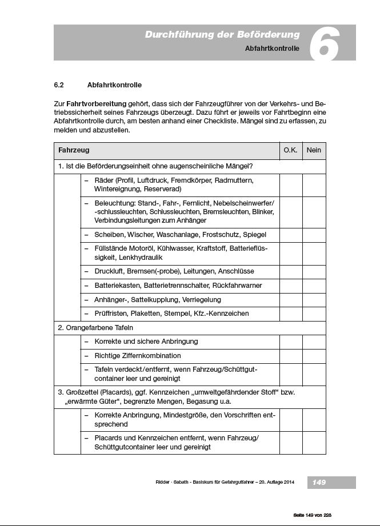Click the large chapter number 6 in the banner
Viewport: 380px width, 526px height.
coord(324,43)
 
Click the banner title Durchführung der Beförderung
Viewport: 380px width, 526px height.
coord(222,35)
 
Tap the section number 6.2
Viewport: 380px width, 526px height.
coord(58,85)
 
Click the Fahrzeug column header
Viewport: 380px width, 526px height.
coord(74,151)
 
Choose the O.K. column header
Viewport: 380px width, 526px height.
coord(290,151)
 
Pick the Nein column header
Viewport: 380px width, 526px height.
coord(314,151)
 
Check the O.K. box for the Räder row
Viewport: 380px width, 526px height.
coord(290,184)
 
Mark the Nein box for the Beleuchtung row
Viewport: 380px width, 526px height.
coord(314,212)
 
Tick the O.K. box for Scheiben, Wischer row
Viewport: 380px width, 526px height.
coord(290,235)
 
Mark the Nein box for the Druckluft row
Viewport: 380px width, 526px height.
coord(314,271)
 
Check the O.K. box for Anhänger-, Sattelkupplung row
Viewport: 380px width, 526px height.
coord(290,299)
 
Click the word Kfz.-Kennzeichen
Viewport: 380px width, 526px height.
coord(220,314)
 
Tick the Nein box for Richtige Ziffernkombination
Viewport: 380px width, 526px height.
coord(314,355)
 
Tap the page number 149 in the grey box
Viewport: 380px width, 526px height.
coord(319,483)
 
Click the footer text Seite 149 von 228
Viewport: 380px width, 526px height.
coord(312,515)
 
